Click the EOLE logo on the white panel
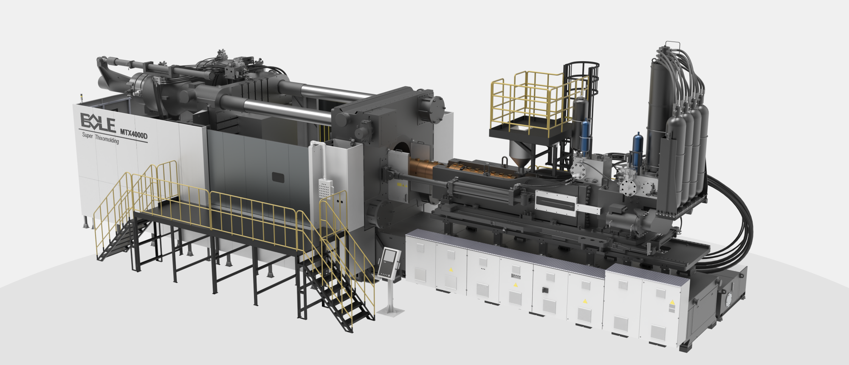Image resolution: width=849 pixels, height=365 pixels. [x=98, y=122]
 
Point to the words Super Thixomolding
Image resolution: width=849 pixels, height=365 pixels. [x=100, y=138]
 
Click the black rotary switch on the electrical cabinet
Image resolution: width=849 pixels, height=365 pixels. [x=543, y=291]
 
